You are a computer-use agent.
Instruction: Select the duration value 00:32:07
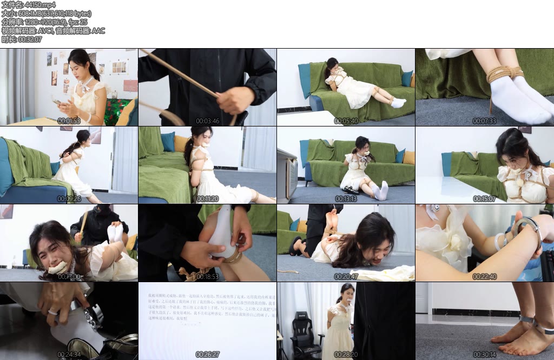click(30, 39)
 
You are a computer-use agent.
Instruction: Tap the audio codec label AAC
click(98, 31)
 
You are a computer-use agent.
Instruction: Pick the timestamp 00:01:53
click(69, 121)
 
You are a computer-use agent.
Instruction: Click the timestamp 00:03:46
click(207, 121)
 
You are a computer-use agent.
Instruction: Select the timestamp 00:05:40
click(346, 121)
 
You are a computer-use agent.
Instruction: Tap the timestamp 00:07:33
click(484, 121)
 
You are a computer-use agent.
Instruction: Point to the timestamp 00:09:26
click(69, 199)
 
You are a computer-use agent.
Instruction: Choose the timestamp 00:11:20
click(207, 199)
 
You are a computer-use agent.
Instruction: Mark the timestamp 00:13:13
click(346, 199)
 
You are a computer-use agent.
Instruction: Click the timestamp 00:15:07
click(484, 199)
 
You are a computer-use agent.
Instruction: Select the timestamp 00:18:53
click(207, 277)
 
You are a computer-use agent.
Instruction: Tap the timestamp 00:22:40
click(484, 277)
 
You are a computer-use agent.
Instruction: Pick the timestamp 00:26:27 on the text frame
click(207, 355)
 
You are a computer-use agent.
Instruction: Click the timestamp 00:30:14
click(484, 355)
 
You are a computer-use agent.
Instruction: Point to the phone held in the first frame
click(56, 101)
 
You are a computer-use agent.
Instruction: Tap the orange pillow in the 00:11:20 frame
click(181, 143)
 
